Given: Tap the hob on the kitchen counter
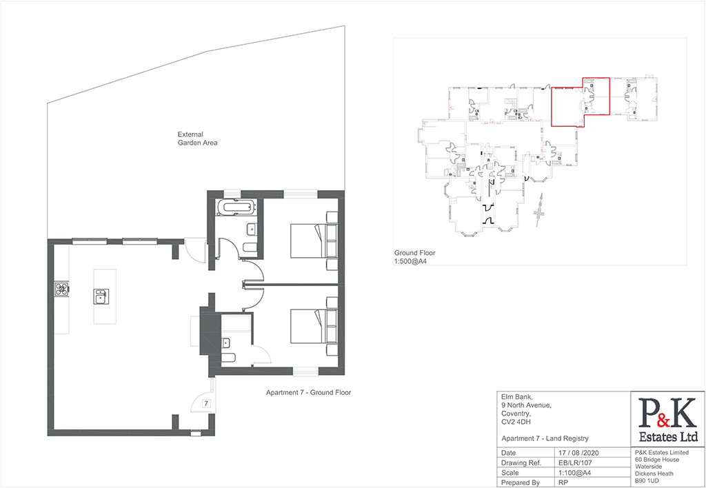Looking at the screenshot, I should tap(61, 289).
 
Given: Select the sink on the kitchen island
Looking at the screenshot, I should tap(101, 297).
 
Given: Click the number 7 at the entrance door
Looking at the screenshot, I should tap(205, 403).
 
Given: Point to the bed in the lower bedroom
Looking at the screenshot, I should tap(306, 327).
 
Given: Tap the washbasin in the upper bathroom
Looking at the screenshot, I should tap(250, 228).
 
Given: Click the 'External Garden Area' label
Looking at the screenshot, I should tap(197, 139).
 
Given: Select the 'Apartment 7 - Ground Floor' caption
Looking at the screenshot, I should tap(309, 393).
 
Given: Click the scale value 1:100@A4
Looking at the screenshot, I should tap(575, 473).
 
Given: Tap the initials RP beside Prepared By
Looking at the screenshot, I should tap(563, 483).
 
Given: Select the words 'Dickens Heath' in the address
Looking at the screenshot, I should tap(655, 474).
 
